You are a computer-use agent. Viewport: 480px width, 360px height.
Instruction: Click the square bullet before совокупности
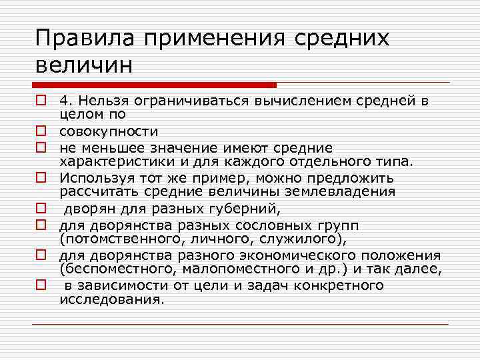(x=41, y=131)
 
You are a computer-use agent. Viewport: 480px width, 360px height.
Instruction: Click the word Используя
(x=94, y=177)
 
